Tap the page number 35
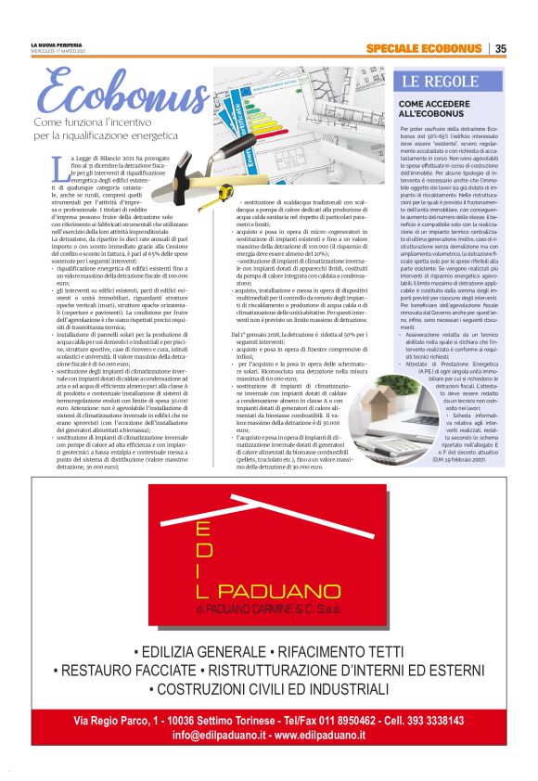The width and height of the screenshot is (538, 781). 500,48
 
